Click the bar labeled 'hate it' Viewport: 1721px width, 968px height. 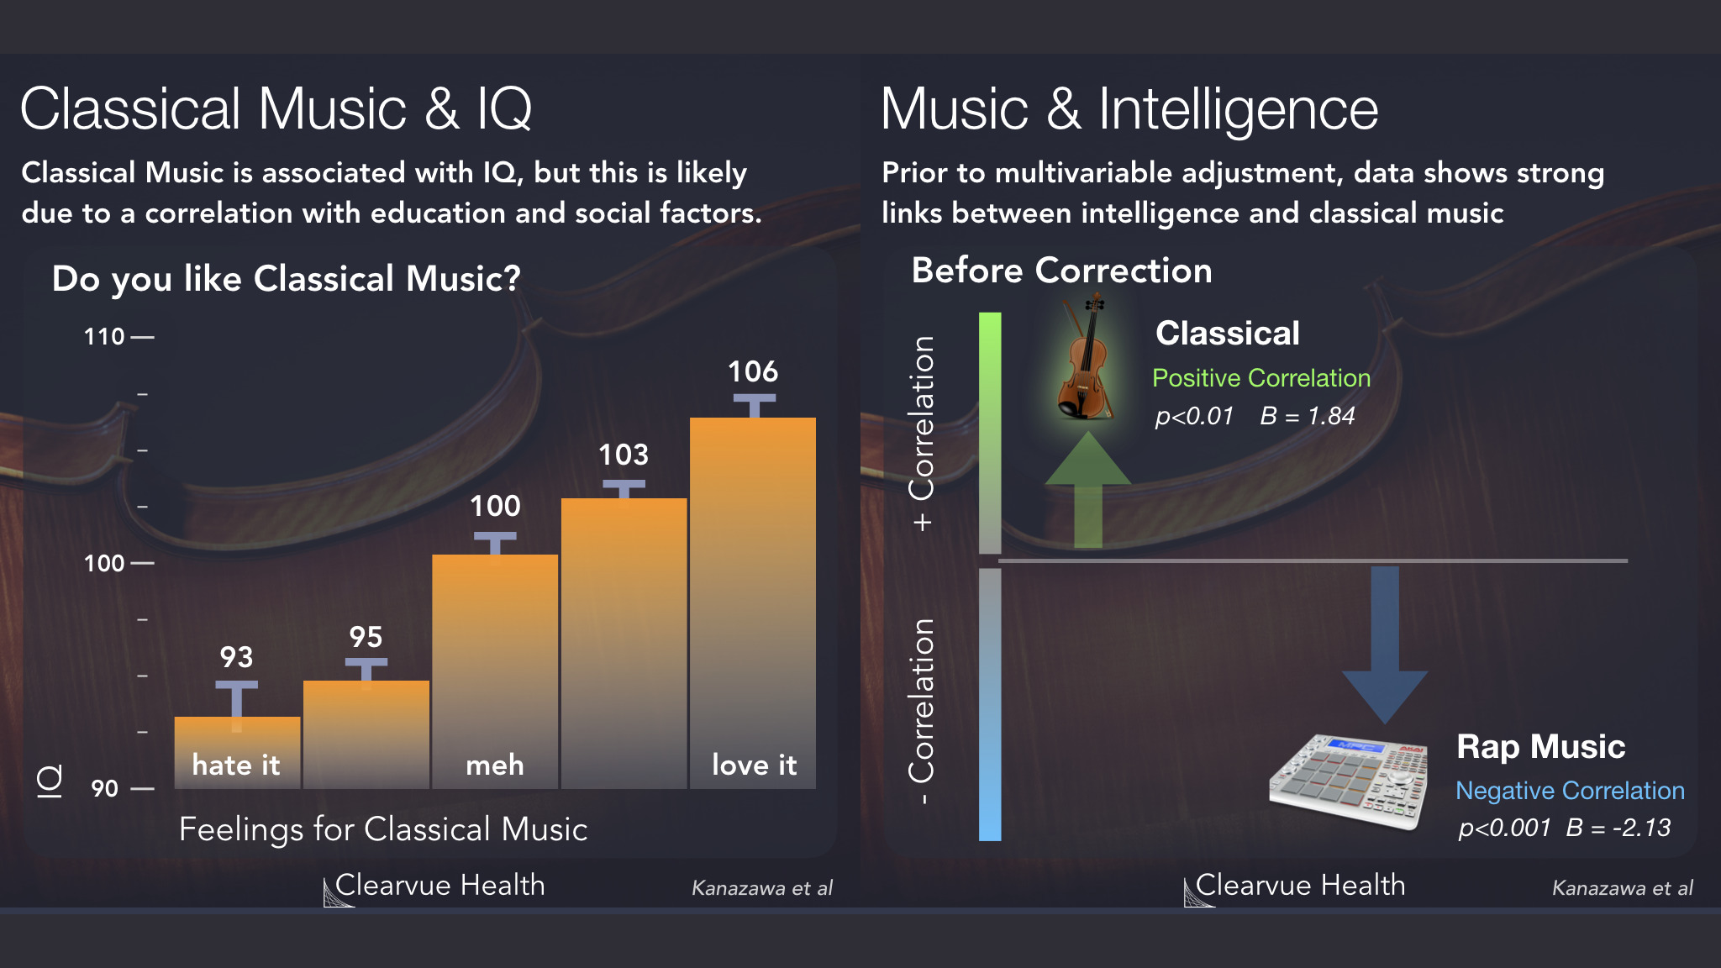coord(237,752)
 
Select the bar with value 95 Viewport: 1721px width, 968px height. coord(366,734)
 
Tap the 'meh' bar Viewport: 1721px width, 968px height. coord(495,671)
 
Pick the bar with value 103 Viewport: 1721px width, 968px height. coord(624,644)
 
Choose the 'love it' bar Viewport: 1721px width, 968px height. coord(753,603)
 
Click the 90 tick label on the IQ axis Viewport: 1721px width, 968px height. coord(105,789)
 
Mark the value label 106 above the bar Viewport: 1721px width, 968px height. coord(753,371)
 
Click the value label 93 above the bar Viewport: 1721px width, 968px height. coord(236,657)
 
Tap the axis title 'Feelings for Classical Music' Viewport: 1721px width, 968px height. coord(383,829)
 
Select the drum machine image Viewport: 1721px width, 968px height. coord(1349,781)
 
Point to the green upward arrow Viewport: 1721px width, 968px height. coord(1088,490)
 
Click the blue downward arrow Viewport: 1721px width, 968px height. coord(1385,644)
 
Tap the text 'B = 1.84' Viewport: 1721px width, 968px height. coord(1308,416)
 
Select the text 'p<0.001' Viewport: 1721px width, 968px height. coord(1504,829)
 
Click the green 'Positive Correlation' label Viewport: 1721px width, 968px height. coord(1261,378)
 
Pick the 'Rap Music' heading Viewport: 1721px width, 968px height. coord(1541,746)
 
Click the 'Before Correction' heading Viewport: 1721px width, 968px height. coord(1062,271)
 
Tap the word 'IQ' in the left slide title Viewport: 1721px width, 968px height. coord(504,110)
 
